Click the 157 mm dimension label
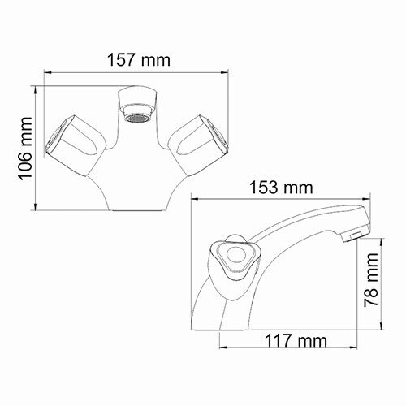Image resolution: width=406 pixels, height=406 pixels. click(136, 60)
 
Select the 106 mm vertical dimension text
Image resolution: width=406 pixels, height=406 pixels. click(24, 146)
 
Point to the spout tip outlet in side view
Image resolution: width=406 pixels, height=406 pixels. click(352, 236)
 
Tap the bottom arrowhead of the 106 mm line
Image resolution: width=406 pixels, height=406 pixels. click(35, 209)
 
